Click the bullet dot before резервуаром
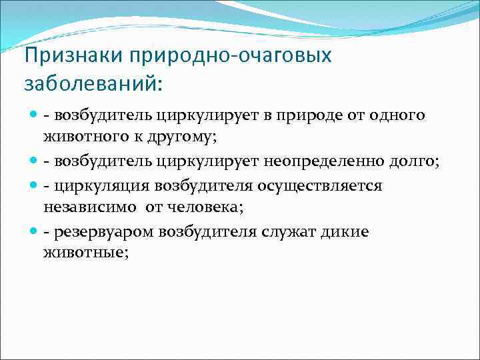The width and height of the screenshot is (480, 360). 34,231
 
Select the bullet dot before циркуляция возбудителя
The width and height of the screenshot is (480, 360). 34,185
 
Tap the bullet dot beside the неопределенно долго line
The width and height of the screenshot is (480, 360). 34,161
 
